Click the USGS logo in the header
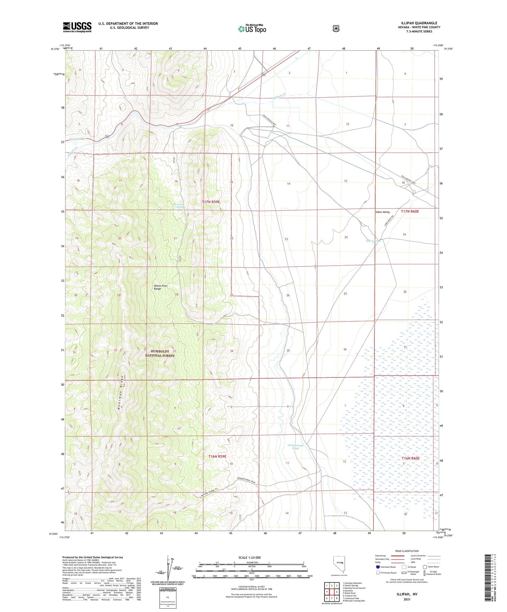[x=77, y=27]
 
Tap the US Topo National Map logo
[x=252, y=28]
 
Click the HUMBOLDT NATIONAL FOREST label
[x=160, y=353]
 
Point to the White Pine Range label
[x=160, y=287]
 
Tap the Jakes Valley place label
[x=382, y=212]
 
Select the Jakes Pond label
[x=373, y=241]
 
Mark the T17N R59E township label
[x=211, y=202]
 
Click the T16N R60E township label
[x=410, y=458]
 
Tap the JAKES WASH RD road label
[x=389, y=221]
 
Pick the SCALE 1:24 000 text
[x=249, y=557]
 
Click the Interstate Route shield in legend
[x=378, y=567]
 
